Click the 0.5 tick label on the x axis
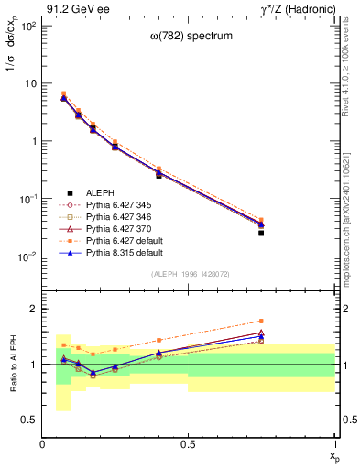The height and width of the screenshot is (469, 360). point(189,444)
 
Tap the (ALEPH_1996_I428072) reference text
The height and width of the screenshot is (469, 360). point(189,274)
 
